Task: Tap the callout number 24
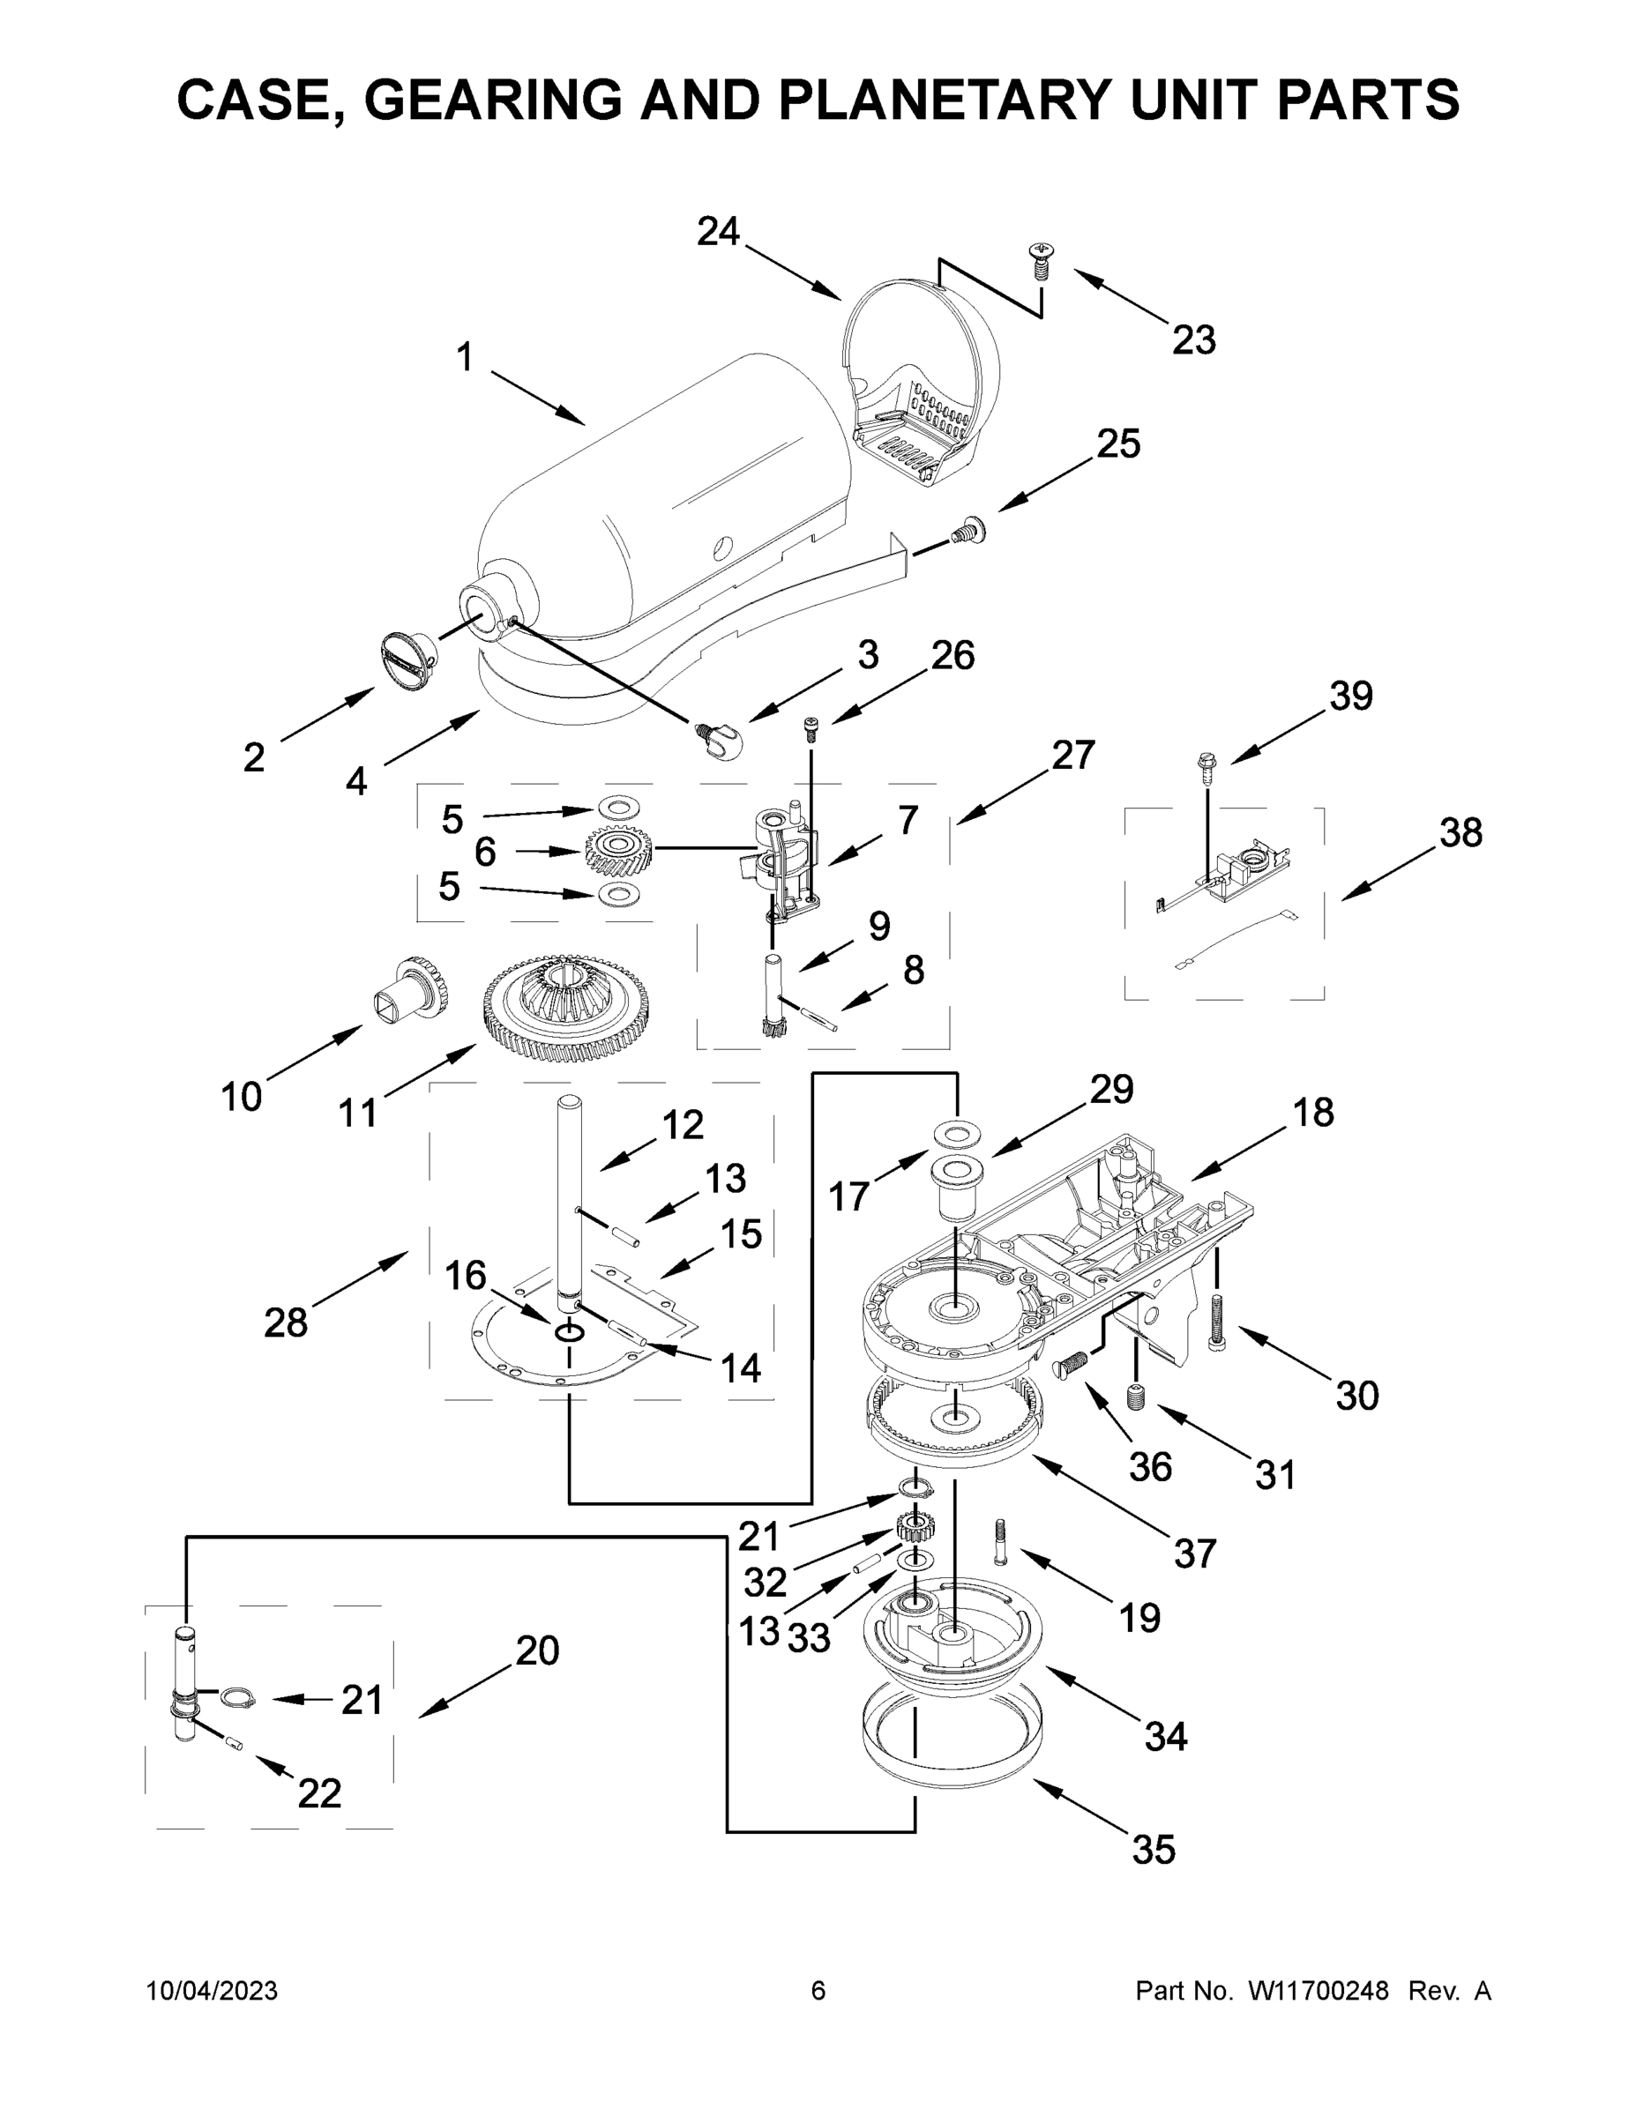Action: point(718,232)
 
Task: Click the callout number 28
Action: point(285,1322)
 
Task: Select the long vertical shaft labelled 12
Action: point(569,1202)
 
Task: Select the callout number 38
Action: point(1460,832)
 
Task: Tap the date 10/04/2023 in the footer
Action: point(212,1991)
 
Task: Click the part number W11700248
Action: point(1319,1991)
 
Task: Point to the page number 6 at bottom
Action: point(818,1991)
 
